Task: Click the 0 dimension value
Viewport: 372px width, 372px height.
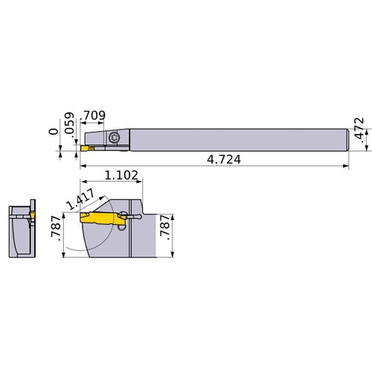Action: tap(51, 131)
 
